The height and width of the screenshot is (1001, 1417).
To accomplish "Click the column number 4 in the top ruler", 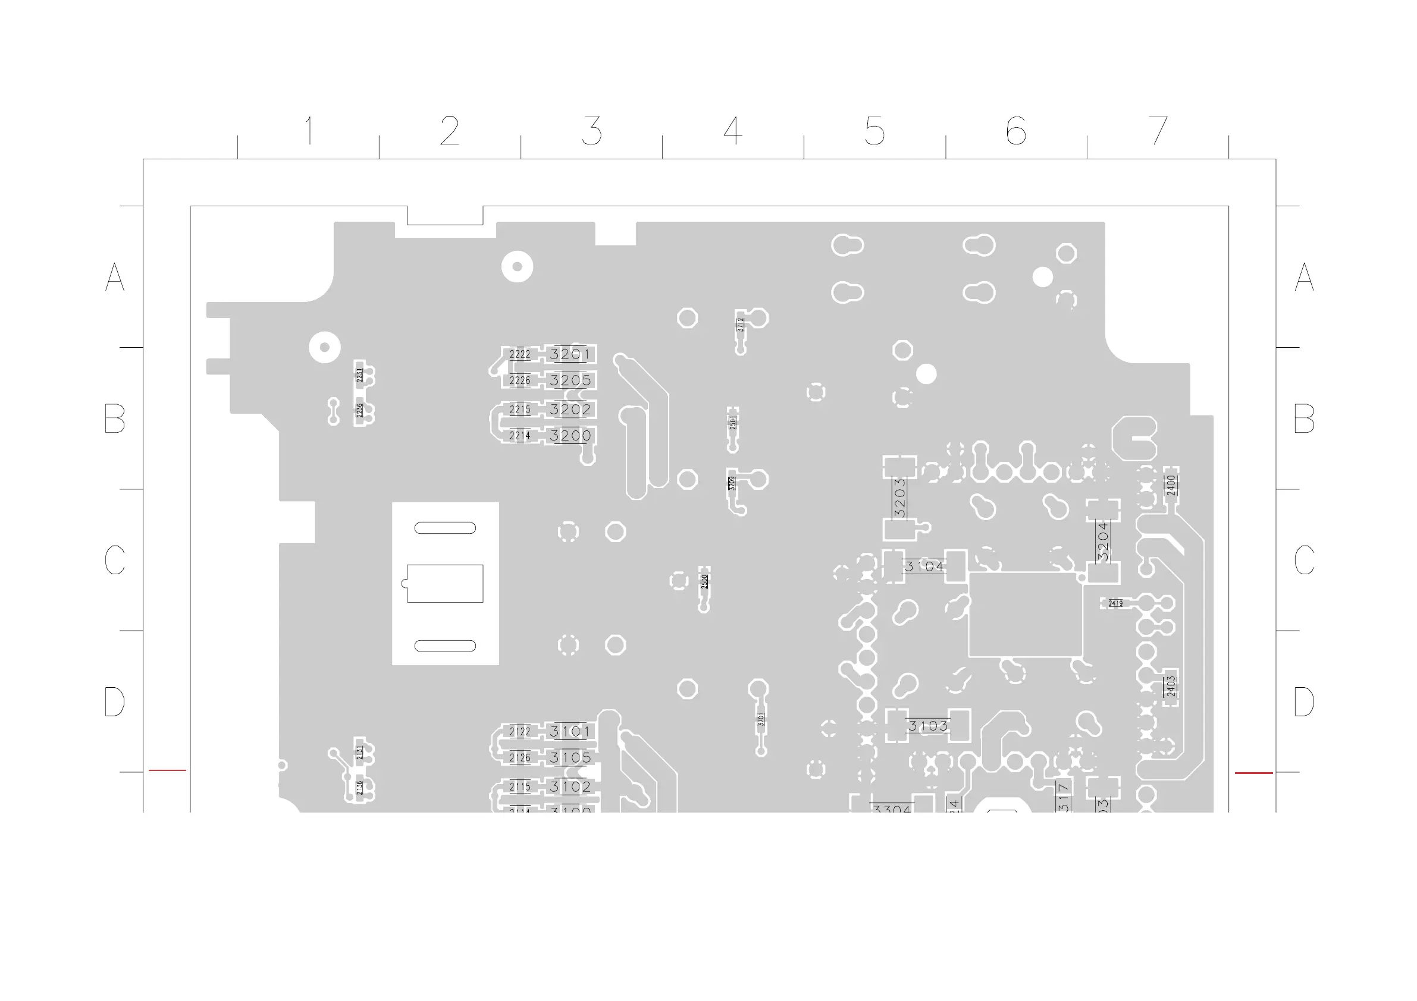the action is point(732,131).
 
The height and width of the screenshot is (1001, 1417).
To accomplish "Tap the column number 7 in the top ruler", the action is point(1158,131).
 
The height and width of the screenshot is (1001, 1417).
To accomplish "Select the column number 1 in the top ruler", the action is point(309,131).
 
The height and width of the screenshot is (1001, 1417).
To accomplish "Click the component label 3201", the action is point(570,354).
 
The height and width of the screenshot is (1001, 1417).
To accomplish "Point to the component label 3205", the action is point(570,380).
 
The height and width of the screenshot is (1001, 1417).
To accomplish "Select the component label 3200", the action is point(570,436).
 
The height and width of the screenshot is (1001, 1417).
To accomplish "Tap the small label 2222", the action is point(520,355).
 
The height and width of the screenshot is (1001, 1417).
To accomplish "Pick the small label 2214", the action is point(520,436).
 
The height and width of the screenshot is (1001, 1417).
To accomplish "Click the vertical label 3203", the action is point(899,498).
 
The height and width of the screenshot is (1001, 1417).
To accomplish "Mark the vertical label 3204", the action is point(1103,541).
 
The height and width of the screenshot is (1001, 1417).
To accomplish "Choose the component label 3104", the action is point(924,566).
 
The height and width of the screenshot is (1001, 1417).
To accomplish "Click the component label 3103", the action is point(927,726).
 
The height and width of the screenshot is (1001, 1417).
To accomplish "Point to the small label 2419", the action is point(1116,603).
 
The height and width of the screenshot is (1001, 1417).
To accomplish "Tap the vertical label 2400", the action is point(1171,486).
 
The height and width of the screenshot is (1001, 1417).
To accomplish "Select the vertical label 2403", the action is point(1171,687).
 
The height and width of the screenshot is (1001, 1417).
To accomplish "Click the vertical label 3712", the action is point(741,325).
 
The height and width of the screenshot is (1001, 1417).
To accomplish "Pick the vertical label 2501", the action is point(733,423).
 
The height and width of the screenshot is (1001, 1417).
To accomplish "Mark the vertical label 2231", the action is point(360,374).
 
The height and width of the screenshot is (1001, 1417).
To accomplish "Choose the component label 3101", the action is point(570,732).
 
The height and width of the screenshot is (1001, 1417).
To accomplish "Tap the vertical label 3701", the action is point(761,719).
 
